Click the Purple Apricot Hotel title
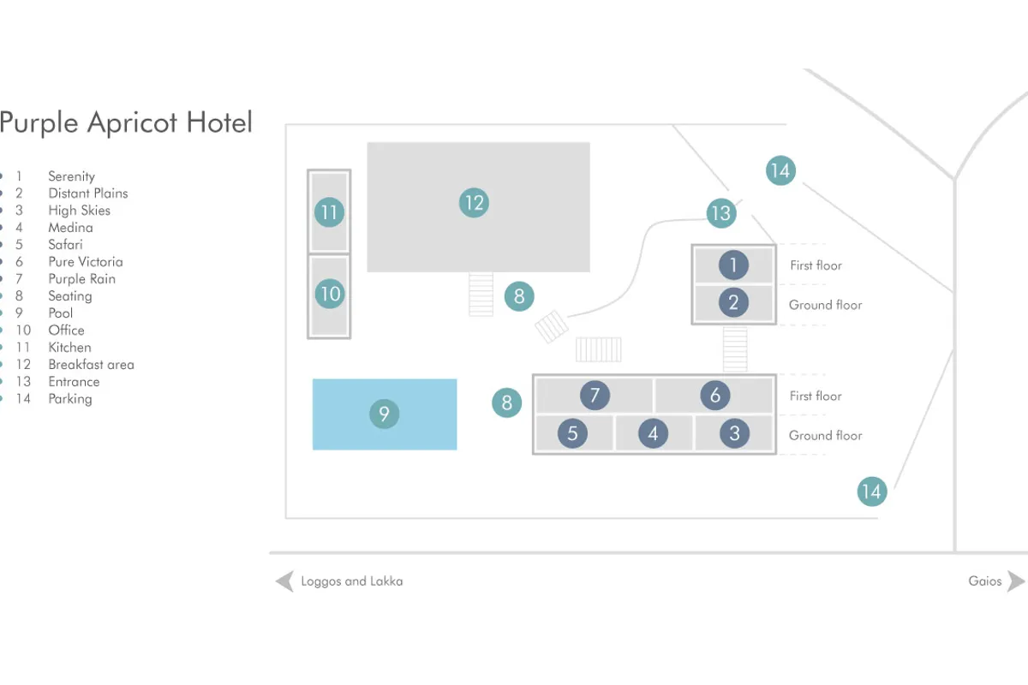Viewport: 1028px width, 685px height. (126, 122)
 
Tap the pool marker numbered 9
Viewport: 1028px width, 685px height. (384, 415)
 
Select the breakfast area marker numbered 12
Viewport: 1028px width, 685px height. (473, 203)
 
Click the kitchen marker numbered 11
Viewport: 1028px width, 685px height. (329, 211)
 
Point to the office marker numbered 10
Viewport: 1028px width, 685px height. (329, 295)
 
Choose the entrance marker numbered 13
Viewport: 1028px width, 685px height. (721, 212)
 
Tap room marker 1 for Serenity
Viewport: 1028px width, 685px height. (733, 265)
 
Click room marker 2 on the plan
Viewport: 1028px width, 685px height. (733, 302)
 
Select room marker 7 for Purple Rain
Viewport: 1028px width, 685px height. (595, 396)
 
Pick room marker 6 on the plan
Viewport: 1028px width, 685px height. (715, 396)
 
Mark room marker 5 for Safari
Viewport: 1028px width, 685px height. (572, 433)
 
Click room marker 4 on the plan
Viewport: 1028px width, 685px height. (653, 433)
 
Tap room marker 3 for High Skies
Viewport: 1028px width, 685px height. (734, 433)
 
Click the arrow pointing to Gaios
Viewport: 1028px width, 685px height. (1015, 581)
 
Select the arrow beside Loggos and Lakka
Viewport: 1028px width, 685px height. (284, 581)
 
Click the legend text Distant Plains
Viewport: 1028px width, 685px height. (87, 194)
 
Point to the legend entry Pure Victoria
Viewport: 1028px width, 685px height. (85, 262)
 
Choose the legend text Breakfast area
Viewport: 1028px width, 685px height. (91, 365)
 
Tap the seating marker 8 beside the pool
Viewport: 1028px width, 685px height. (506, 402)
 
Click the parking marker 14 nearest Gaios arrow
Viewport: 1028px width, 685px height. (871, 491)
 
